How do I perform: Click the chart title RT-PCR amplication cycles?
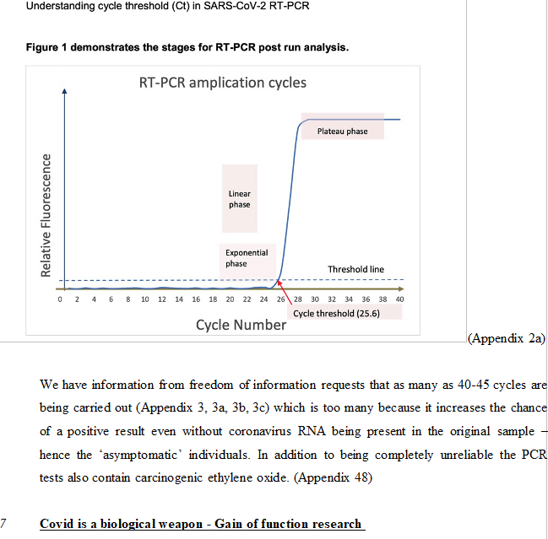coord(223,83)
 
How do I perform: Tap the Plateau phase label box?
coord(342,131)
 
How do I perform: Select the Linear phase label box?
coord(239,199)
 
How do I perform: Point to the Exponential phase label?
coord(246,257)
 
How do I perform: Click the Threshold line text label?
coord(355,269)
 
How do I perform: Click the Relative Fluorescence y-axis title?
coord(47,213)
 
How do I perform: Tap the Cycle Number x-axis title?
coord(241,325)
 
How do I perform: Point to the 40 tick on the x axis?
coord(400,299)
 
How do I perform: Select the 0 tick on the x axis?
coord(60,299)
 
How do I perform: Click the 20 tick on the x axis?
coord(230,299)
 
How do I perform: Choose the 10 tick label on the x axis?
coord(144,299)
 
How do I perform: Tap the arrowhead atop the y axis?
coord(64,92)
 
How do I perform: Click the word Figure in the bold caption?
coord(43,47)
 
